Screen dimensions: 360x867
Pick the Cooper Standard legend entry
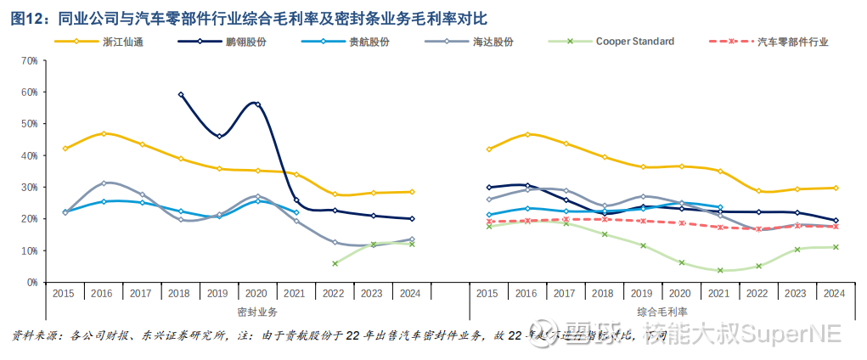(634, 41)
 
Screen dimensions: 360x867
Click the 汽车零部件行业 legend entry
(792, 42)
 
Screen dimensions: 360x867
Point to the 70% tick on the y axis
(28, 60)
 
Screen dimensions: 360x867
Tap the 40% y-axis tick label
(28, 155)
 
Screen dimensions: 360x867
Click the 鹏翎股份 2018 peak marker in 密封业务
(181, 95)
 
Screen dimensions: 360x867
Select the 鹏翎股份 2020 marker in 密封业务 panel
(258, 104)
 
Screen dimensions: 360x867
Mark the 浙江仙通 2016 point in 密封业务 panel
(104, 133)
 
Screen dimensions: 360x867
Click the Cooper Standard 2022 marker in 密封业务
(335, 263)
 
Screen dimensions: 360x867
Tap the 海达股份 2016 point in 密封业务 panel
(104, 183)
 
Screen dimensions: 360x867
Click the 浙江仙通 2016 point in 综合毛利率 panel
(527, 134)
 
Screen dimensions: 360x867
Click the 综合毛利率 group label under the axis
(660, 312)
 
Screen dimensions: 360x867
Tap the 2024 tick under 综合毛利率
(834, 293)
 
